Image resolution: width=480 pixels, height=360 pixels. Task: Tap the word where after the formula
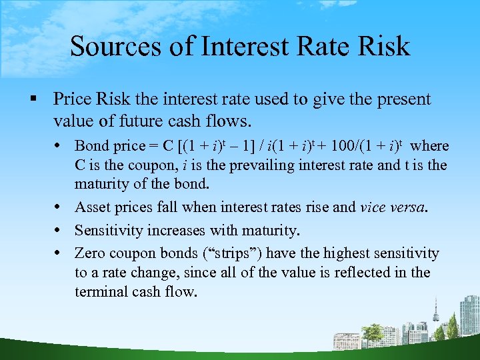coord(430,146)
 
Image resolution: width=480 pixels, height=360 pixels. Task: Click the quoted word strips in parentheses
coord(237,253)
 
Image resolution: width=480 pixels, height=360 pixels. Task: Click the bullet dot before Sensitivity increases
coord(61,231)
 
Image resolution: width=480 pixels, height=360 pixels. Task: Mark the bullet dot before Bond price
coord(61,146)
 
